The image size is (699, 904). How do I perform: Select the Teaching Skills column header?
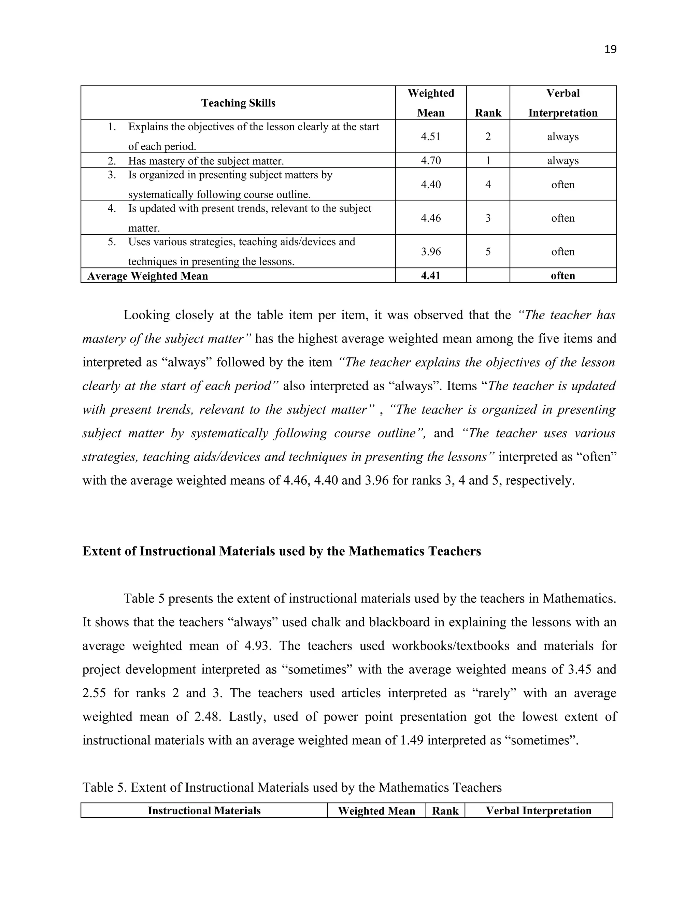(238, 103)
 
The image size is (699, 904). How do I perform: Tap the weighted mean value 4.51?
(431, 136)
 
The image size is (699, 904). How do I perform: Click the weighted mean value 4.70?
(431, 161)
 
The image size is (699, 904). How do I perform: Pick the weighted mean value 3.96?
(431, 252)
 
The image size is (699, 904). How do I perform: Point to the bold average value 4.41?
(431, 276)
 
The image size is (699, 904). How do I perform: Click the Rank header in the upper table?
(488, 113)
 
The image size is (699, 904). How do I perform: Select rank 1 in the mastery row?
(488, 161)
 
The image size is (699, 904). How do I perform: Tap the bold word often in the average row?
(563, 276)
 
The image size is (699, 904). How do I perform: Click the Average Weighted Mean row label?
(147, 276)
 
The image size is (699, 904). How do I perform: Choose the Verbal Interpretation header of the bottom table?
(538, 811)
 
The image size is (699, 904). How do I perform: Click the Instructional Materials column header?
(204, 811)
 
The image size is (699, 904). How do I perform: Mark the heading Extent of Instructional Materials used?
(282, 551)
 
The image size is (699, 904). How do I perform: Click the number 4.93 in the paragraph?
(258, 646)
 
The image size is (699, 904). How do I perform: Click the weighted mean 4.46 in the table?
(431, 218)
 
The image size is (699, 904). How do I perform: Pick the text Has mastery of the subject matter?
(206, 161)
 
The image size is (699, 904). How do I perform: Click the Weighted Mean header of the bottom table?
(376, 811)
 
